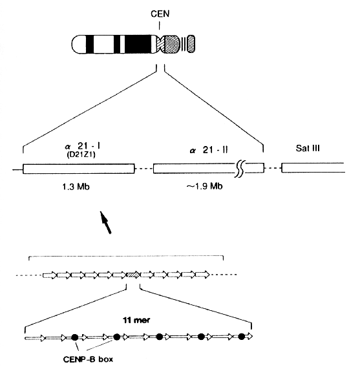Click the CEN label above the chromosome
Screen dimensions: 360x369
tap(160, 14)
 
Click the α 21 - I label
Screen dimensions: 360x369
tap(83, 147)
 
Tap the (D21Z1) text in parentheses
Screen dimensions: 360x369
tap(81, 155)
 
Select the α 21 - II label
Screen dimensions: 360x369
tap(209, 150)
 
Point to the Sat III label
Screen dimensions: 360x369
tap(308, 148)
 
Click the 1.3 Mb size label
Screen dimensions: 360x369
tap(76, 187)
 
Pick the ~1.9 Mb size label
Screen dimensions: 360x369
tap(204, 186)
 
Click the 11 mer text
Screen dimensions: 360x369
tap(136, 321)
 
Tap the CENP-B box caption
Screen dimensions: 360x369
tap(88, 359)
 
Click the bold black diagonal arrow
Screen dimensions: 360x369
tap(105, 222)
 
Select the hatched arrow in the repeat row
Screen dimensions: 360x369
tap(133, 275)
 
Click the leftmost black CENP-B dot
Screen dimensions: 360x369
tap(75, 337)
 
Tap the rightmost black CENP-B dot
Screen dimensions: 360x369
tap(241, 337)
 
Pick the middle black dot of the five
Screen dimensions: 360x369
tap(159, 337)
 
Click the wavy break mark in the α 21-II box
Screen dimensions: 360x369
tap(240, 169)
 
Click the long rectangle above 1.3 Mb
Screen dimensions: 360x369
tap(79, 169)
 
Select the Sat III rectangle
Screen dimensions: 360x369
tap(313, 167)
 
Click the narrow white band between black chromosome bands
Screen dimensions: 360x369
tap(122, 44)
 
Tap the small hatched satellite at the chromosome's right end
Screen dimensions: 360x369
tap(191, 44)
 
